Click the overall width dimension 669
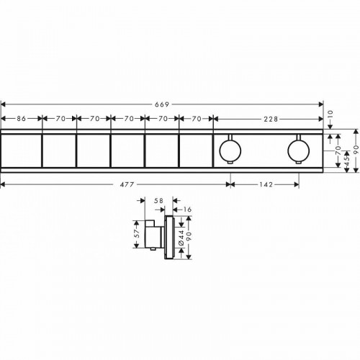pos(162,104)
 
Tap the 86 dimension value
pos(21,119)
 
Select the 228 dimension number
pos(271,119)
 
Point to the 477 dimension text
pos(127,184)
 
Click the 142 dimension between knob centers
pos(266,184)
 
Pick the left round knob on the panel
pos(230,150)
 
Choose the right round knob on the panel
pos(299,150)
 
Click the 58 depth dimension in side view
pos(158,201)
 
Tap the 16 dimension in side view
pos(187,210)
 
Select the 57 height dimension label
pos(137,233)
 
